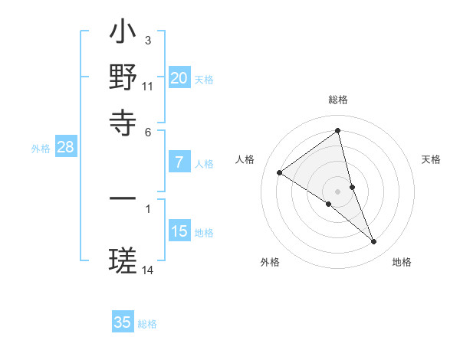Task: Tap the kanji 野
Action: coord(123,77)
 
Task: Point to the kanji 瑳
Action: coord(123,260)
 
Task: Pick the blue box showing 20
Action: coord(179,78)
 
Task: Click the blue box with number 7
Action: coord(179,162)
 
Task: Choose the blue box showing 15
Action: coord(179,231)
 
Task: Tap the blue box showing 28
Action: coord(65,148)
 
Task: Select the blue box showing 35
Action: coord(123,322)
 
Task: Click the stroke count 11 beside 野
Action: coord(147,87)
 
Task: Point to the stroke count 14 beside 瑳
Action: coord(147,270)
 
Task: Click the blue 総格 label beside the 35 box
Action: coord(147,324)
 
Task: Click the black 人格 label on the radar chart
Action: coord(245,159)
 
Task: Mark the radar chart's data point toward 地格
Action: coord(374,242)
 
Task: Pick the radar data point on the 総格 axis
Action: coord(338,130)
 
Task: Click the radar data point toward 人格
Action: coord(280,172)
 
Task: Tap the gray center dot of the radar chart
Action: coord(338,191)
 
